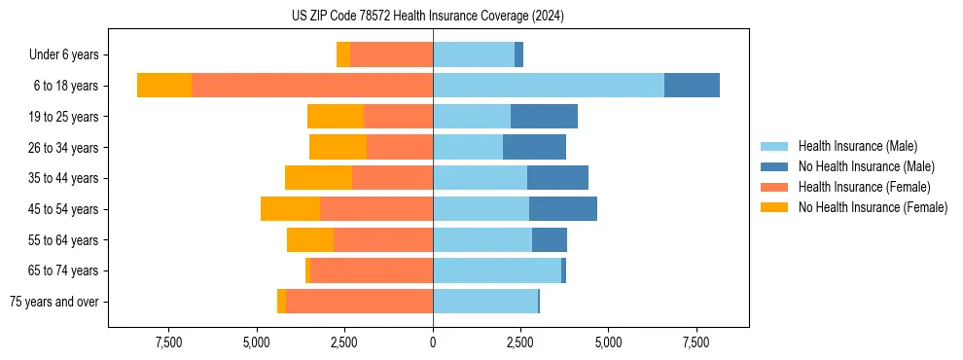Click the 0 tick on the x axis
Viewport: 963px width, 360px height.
click(x=433, y=343)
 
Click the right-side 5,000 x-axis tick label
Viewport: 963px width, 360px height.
click(x=608, y=343)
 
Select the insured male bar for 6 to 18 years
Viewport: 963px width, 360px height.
click(x=549, y=86)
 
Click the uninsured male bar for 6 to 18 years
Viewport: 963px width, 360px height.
click(x=692, y=86)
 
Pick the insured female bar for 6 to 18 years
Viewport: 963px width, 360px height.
click(x=312, y=86)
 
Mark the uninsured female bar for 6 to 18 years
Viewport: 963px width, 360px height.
click(x=164, y=86)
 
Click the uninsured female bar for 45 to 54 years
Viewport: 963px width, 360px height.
click(x=290, y=209)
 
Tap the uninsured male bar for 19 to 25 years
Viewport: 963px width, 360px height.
click(x=544, y=117)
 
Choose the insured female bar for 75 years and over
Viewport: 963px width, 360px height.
click(x=360, y=302)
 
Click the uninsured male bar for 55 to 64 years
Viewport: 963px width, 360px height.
click(x=550, y=239)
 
